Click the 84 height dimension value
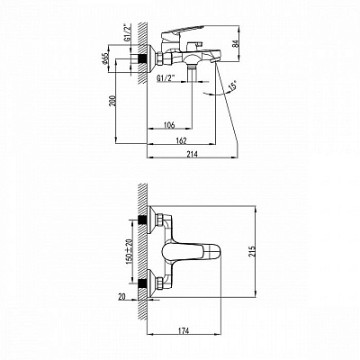(235, 44)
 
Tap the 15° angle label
(232, 85)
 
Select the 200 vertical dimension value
(112, 102)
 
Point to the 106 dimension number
(169, 125)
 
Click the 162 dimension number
(182, 140)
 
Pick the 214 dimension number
(193, 154)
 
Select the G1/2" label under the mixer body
(166, 78)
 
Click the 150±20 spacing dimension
(129, 251)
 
